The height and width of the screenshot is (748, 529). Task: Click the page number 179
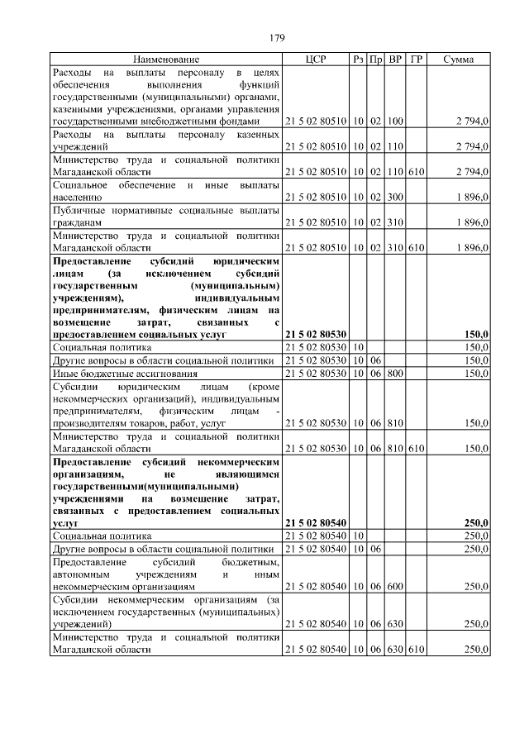click(277, 37)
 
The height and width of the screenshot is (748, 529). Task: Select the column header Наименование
click(166, 60)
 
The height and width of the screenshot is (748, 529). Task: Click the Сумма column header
click(458, 60)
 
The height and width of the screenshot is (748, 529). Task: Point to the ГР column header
click(417, 60)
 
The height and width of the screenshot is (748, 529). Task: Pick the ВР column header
click(396, 60)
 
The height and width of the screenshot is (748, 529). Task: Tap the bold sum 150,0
click(475, 333)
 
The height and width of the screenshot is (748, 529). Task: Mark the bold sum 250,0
click(475, 523)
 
